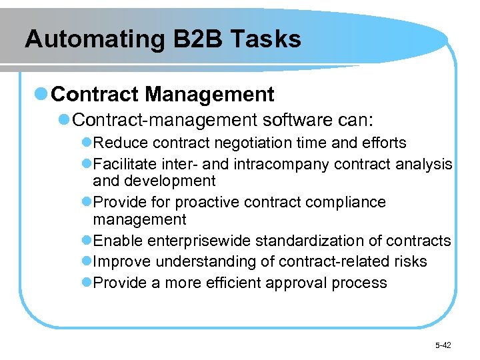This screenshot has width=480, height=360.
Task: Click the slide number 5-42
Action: click(443, 345)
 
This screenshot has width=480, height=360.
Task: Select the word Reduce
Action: click(121, 143)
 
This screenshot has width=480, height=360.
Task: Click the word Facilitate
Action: click(123, 164)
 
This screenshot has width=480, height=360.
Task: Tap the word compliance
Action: click(351, 202)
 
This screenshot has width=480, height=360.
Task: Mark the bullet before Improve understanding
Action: click(87, 261)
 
